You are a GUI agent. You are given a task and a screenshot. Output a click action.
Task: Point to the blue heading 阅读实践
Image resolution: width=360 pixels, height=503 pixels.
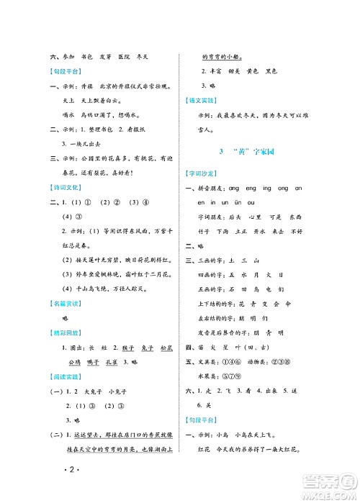coord(66,394)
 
